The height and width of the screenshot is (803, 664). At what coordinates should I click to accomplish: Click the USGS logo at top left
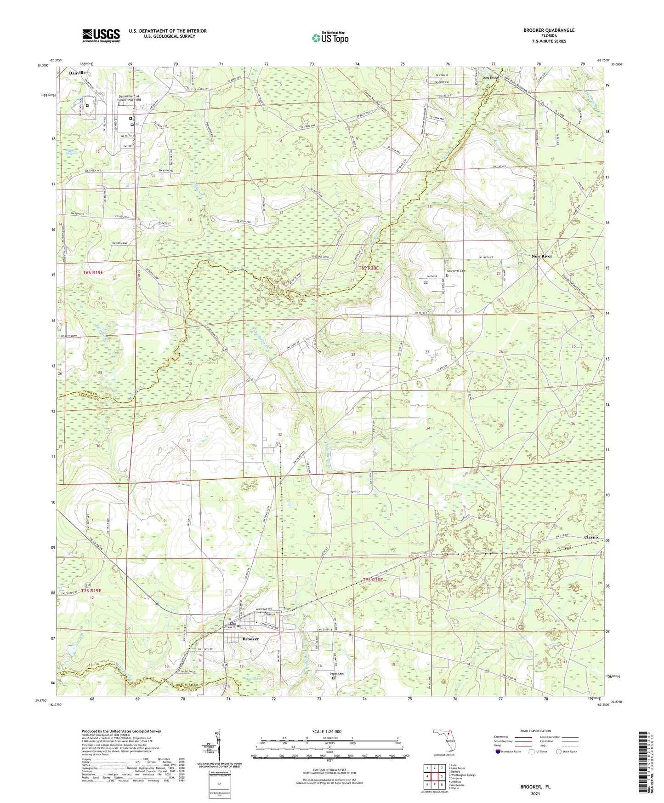101,35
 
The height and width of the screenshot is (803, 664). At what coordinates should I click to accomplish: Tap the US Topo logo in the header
329,38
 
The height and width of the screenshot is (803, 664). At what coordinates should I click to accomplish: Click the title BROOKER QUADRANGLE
549,30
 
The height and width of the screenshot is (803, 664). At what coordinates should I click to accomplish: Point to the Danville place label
77,73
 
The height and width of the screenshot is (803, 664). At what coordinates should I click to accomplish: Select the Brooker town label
251,639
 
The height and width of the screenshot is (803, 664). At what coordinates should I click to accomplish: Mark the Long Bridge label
490,78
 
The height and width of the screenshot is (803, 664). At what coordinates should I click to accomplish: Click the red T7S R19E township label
91,590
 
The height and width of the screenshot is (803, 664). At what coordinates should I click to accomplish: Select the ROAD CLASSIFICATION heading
535,731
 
